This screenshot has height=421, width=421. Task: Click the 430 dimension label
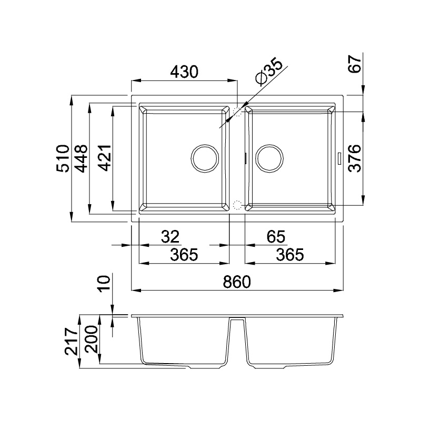tap(184, 72)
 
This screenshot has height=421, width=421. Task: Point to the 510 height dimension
tap(63, 158)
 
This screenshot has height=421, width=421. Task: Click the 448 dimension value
tap(81, 158)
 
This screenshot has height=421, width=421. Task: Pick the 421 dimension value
tap(105, 158)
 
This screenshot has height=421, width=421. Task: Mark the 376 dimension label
tap(355, 158)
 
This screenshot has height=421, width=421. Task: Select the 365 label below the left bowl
tap(184, 255)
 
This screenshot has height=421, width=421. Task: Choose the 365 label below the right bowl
tap(290, 255)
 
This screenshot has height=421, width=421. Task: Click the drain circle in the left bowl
tap(203, 158)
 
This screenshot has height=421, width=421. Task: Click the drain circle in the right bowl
tap(270, 158)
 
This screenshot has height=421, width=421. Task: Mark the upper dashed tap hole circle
tap(237, 112)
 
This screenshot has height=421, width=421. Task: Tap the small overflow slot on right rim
tap(339, 157)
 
